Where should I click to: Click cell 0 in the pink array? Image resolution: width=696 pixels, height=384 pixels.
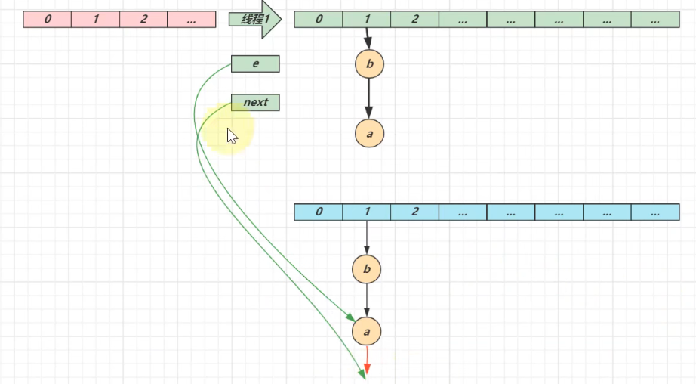[48, 20]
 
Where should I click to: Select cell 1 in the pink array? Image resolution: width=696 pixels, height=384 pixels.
[96, 20]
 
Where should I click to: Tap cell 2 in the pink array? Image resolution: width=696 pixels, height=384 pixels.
[143, 20]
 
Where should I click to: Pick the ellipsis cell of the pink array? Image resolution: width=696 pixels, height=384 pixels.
[191, 20]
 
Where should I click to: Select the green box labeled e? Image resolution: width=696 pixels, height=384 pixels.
[255, 64]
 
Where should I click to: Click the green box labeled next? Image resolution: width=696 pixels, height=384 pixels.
[255, 102]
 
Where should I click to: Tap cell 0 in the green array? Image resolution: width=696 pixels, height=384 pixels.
[319, 20]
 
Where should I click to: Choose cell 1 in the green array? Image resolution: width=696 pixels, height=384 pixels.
[367, 20]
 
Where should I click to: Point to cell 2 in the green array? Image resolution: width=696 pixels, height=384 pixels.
[414, 20]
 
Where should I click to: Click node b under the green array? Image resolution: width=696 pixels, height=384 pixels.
[369, 64]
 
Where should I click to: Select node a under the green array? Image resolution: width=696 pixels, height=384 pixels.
[369, 133]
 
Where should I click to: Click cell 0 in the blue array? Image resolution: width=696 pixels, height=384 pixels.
[319, 212]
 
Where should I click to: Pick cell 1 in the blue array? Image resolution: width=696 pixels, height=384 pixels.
[367, 212]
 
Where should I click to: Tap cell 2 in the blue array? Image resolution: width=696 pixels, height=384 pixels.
[414, 212]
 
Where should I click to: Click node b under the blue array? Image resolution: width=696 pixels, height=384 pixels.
[367, 269]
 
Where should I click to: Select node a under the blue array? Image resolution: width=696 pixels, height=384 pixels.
[367, 331]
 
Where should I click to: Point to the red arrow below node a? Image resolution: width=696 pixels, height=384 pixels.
[367, 361]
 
